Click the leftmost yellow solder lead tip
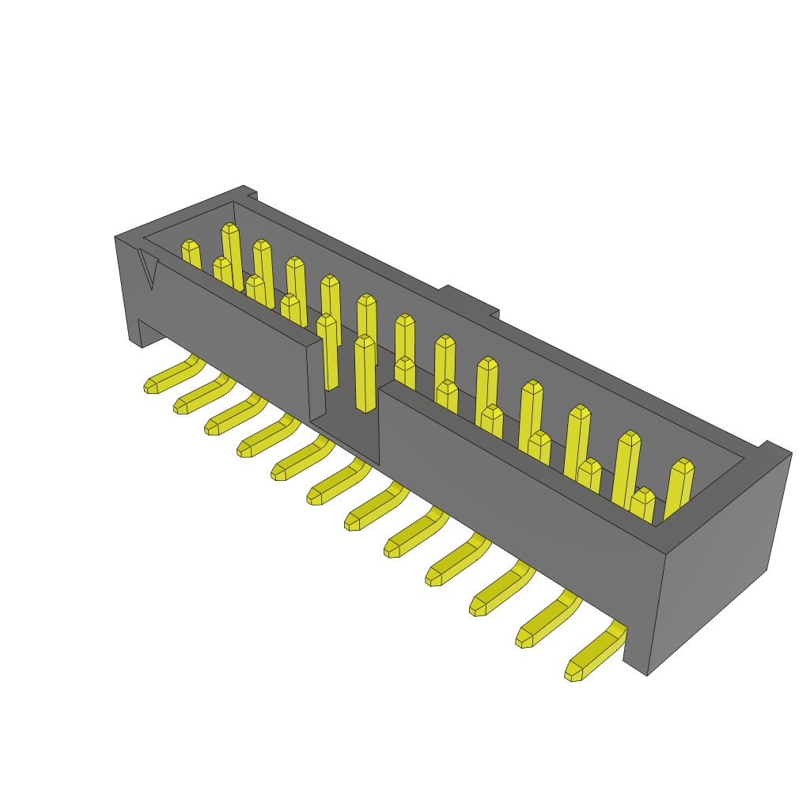tap(150, 385)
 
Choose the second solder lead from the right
tap(546, 624)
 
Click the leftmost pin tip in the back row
tap(190, 246)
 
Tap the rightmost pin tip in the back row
tap(681, 465)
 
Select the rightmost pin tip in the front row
tap(642, 495)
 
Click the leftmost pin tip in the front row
tap(221, 263)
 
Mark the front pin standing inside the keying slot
tap(365, 372)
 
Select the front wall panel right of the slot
tap(514, 490)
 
